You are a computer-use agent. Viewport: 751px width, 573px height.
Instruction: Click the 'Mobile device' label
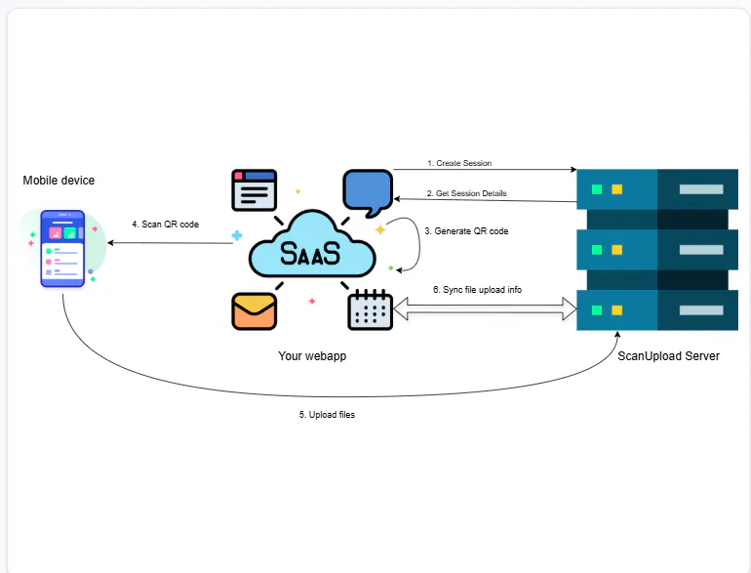[59, 181]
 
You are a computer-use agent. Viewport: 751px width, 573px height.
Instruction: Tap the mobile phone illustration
[62, 248]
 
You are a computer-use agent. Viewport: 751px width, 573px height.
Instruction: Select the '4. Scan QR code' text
[165, 224]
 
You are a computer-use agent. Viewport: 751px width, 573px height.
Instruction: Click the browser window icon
[254, 190]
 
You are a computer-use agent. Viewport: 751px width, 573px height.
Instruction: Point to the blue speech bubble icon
[368, 192]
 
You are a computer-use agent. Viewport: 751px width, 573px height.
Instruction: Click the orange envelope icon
[254, 311]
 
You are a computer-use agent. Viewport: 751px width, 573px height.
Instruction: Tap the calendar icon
[370, 310]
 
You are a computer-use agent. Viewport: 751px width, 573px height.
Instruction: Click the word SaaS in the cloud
[310, 253]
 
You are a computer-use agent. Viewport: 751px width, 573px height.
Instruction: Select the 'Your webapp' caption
[312, 355]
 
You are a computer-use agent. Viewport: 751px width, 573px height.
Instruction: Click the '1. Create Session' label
[459, 163]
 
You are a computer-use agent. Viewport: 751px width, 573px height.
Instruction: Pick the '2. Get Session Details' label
[466, 193]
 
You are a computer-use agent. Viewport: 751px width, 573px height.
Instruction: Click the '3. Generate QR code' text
[466, 231]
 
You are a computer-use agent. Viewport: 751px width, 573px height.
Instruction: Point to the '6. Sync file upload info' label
[477, 290]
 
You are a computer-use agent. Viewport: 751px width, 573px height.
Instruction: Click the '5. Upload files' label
[327, 414]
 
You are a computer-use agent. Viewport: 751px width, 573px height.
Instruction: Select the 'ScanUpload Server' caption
[668, 355]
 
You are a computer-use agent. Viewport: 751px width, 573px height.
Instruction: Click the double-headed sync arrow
[485, 308]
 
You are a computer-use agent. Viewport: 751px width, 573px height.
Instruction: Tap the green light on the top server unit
[597, 189]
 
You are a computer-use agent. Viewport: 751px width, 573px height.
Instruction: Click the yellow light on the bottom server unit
[616, 310]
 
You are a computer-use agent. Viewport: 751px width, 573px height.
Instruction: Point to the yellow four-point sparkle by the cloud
[380, 229]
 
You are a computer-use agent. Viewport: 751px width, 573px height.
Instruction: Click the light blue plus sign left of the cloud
[237, 235]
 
